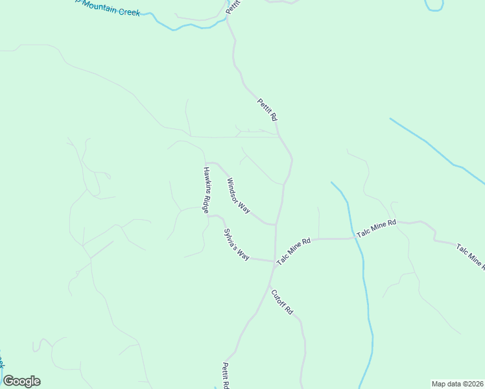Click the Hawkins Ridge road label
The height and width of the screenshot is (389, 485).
[x=206, y=191]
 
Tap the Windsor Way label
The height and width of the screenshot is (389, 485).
[x=239, y=196]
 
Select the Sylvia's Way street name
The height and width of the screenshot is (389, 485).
[x=237, y=244]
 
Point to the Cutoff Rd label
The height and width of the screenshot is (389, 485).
[x=282, y=302]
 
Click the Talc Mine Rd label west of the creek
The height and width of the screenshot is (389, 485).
[x=294, y=251]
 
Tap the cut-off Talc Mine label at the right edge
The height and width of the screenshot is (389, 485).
[x=470, y=256]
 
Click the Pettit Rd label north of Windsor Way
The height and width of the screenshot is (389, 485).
[x=267, y=110]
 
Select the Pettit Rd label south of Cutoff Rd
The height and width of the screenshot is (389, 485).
[x=226, y=375]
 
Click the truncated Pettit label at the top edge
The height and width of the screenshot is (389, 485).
[x=233, y=7]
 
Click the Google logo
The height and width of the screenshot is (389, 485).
[x=21, y=381]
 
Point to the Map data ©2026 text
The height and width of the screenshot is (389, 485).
[x=457, y=384]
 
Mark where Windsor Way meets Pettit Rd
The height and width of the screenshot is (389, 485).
[x=276, y=225]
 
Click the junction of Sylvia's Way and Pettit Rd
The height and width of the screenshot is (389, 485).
[x=274, y=261]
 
